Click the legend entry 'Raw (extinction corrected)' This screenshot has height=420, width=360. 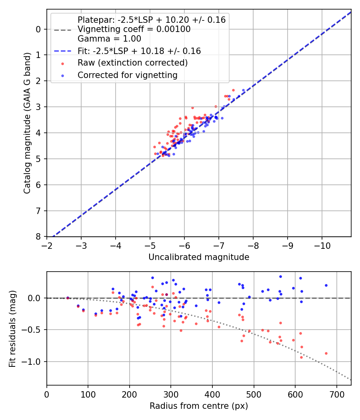click(x=132, y=63)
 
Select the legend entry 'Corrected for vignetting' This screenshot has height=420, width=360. click(x=128, y=75)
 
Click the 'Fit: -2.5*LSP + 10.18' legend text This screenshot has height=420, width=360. click(x=139, y=51)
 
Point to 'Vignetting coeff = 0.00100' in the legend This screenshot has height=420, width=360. click(x=134, y=29)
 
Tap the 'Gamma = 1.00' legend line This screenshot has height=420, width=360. click(x=109, y=39)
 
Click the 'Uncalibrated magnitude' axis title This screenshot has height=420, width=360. click(x=199, y=257)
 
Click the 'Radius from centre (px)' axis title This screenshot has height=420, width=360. click(x=199, y=406)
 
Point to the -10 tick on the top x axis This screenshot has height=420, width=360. click(x=322, y=245)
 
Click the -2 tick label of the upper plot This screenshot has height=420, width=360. click(x=47, y=245)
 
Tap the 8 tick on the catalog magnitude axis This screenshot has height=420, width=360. click(x=38, y=237)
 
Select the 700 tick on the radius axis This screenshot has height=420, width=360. click(x=336, y=394)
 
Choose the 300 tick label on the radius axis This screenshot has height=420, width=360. click(x=171, y=394)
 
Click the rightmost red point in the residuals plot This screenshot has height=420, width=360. click(x=326, y=353)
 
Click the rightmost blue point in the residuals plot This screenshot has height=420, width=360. click(x=326, y=285)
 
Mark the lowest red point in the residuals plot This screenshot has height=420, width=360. click(x=301, y=357)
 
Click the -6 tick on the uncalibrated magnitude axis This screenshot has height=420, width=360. click(x=184, y=245)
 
